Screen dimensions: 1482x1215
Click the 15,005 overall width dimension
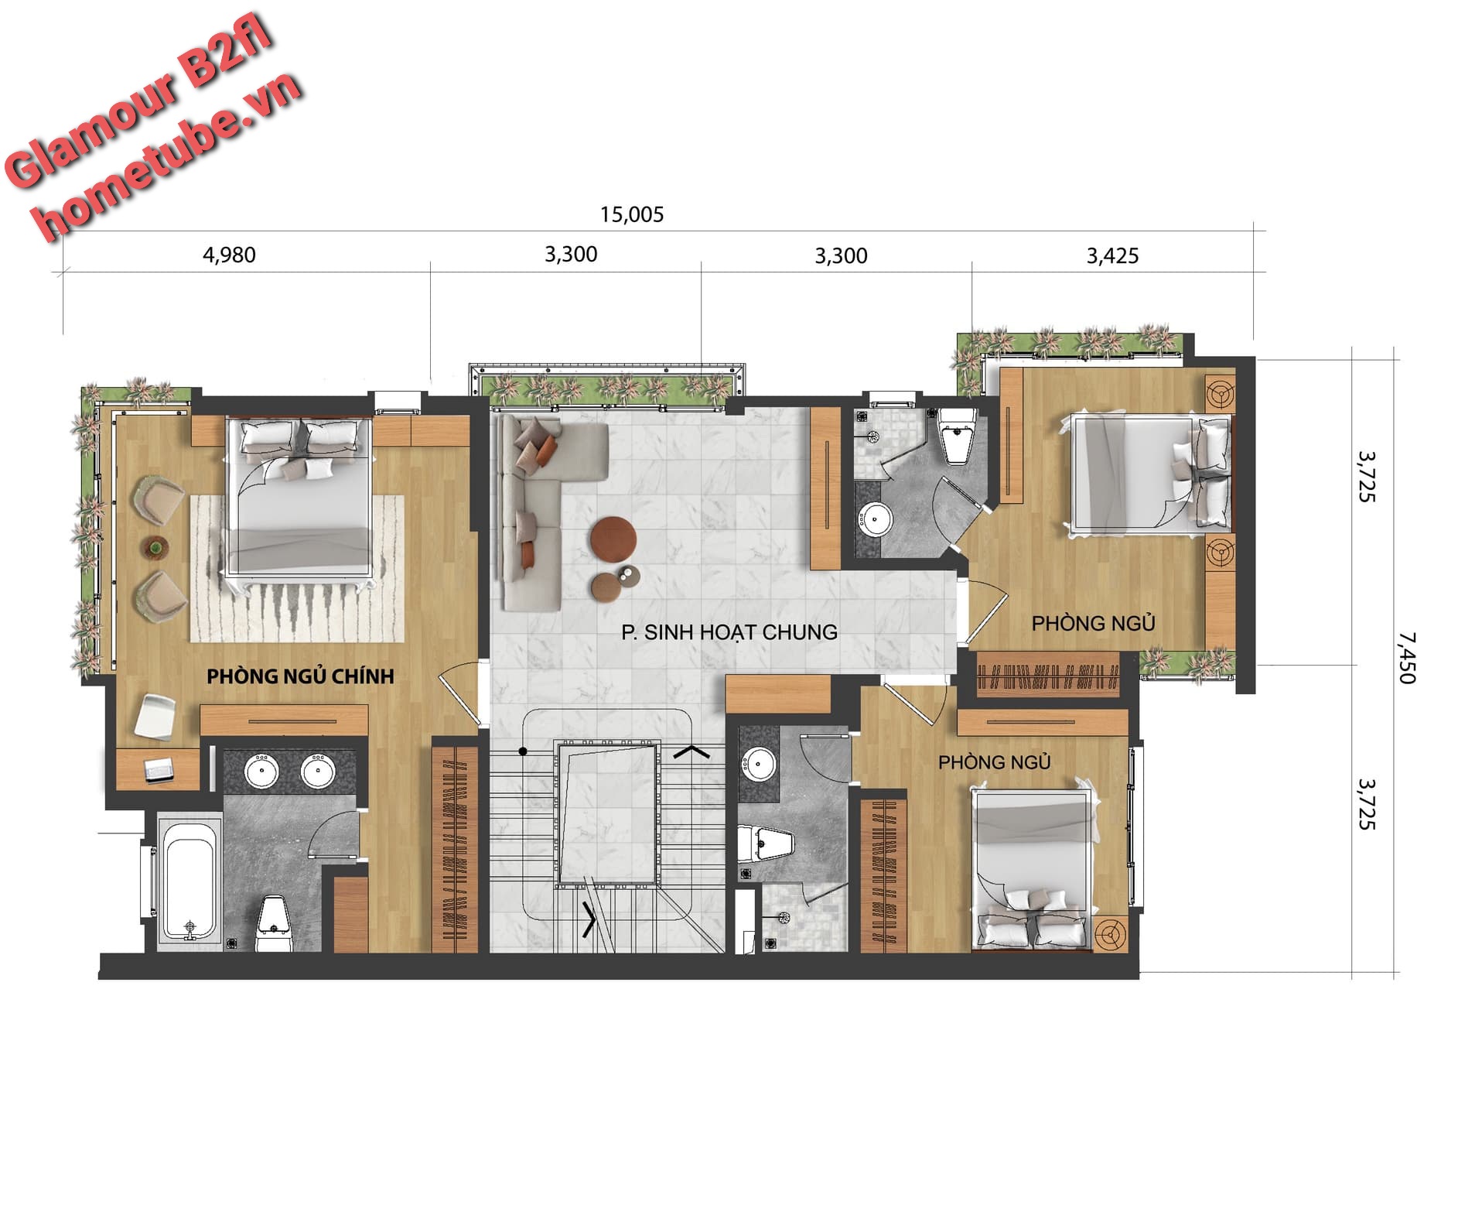tap(632, 214)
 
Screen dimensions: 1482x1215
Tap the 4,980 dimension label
tap(229, 255)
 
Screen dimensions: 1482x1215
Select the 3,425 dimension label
tap(1112, 255)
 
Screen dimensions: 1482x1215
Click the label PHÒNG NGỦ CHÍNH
tap(301, 676)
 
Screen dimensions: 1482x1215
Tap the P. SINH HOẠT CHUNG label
tap(729, 632)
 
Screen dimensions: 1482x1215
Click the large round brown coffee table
tap(613, 536)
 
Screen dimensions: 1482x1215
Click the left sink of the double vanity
tap(262, 771)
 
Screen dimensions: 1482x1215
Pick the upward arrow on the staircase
tap(692, 750)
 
